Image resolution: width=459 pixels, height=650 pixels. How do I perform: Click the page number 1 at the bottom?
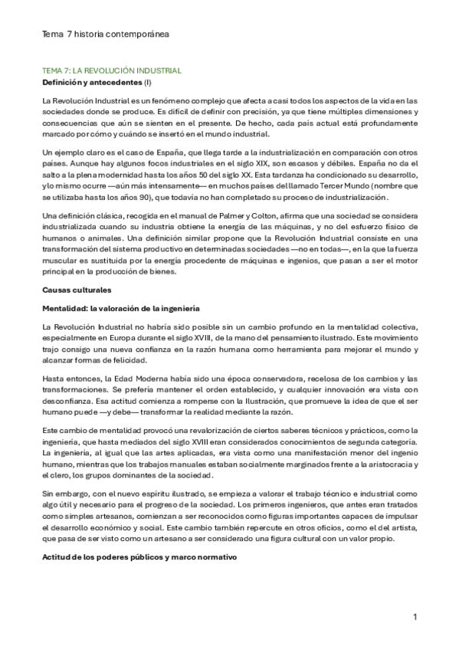click(415, 617)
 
